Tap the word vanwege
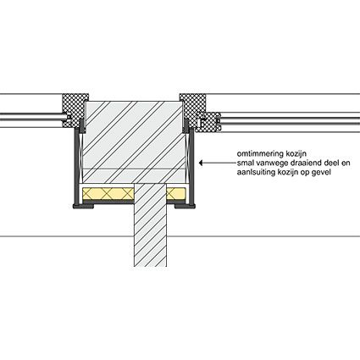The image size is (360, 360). tap(267, 163)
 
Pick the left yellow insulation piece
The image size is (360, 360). tap(108, 194)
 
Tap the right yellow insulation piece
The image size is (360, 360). tap(176, 194)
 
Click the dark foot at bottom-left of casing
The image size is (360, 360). tap(83, 206)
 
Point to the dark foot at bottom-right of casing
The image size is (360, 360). tap(185, 206)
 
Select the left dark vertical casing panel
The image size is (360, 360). tap(76, 167)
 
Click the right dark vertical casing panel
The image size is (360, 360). tap(192, 167)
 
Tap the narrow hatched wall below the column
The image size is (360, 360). tap(150, 225)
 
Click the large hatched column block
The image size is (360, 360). tap(134, 142)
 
